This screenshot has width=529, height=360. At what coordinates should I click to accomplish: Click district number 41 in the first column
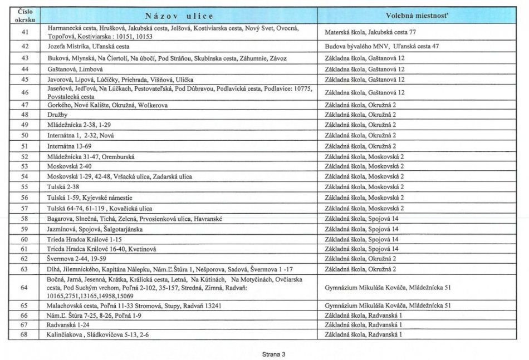pyautogui.click(x=25, y=32)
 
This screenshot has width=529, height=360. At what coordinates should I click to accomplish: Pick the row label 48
pyautogui.click(x=25, y=115)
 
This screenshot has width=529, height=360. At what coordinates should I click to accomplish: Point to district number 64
pyautogui.click(x=25, y=288)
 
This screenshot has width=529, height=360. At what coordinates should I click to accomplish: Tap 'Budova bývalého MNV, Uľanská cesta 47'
pyautogui.click(x=382, y=47)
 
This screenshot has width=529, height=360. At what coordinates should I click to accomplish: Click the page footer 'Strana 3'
pyautogui.click(x=273, y=353)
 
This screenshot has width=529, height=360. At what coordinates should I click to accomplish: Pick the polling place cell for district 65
pyautogui.click(x=388, y=305)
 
